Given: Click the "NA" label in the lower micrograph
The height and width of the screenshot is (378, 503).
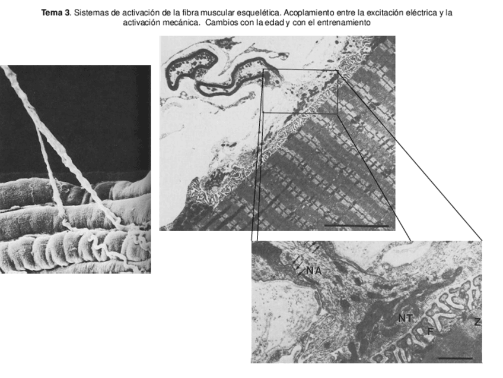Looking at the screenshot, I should (x=314, y=270).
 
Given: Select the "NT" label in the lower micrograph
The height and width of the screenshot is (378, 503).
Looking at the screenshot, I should (x=406, y=319).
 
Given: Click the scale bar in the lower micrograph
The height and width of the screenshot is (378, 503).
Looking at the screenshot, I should (x=456, y=358).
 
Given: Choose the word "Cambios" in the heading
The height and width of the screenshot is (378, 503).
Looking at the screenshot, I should (x=222, y=23).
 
